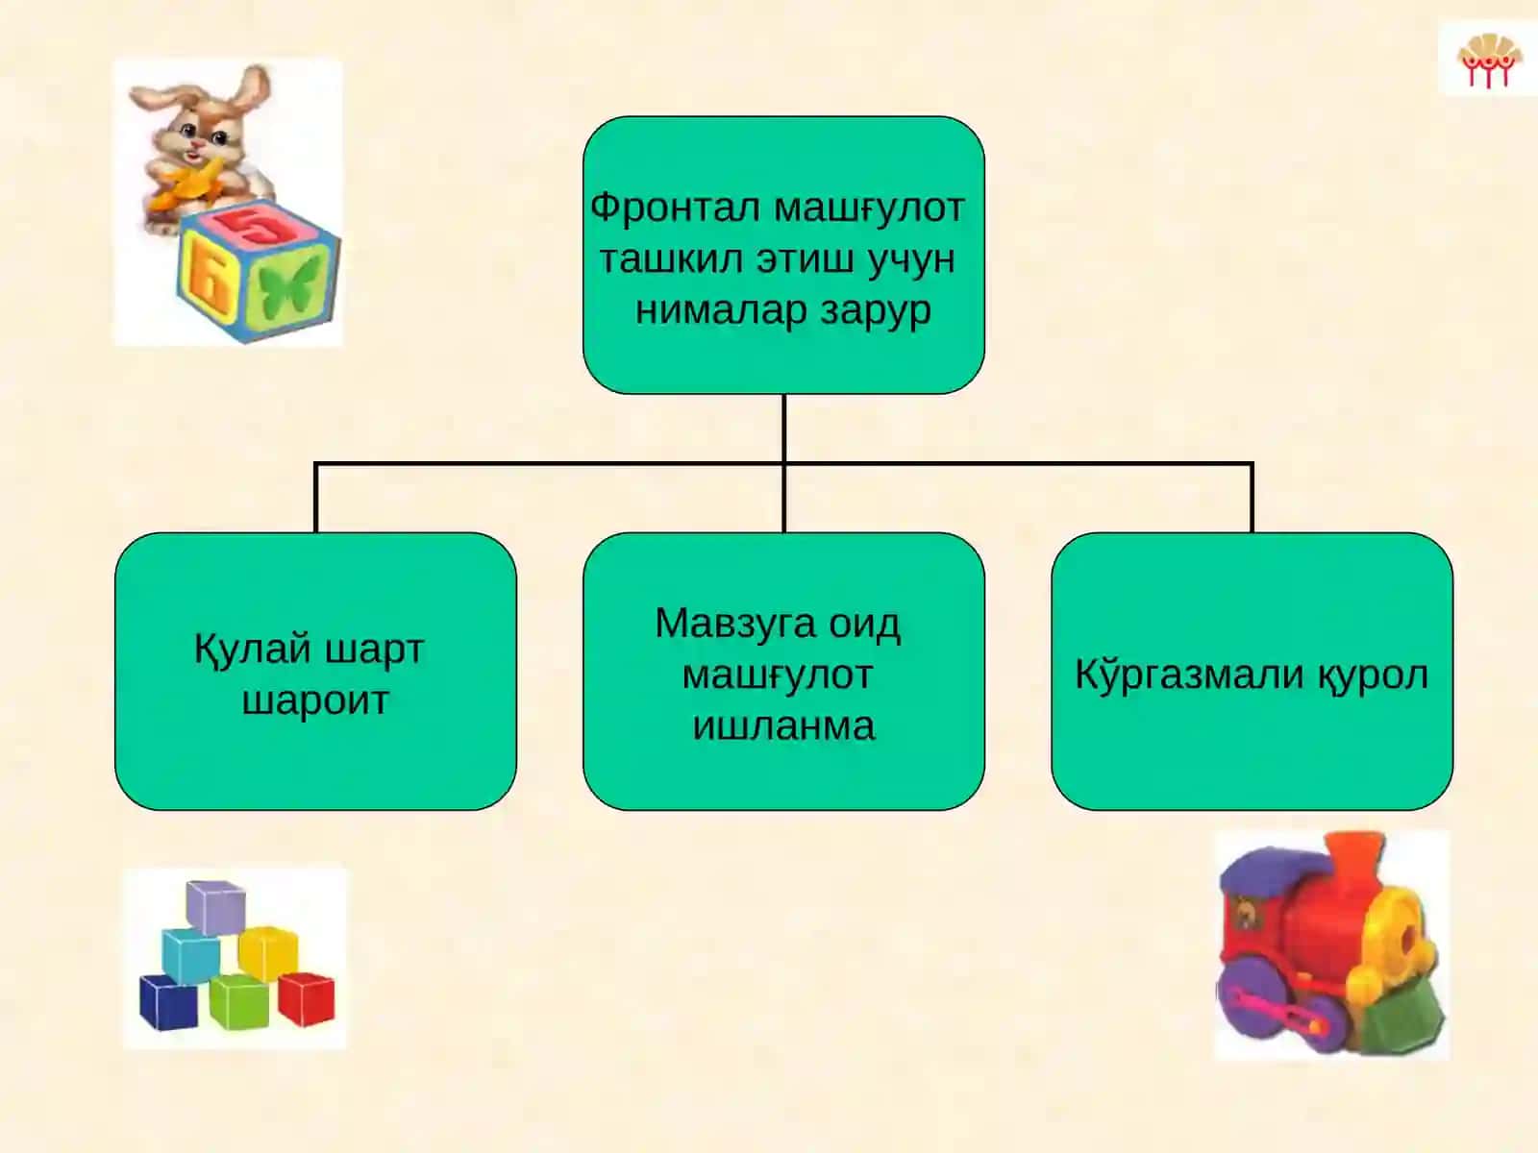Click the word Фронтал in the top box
click(675, 208)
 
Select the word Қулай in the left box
click(252, 649)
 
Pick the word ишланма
click(783, 726)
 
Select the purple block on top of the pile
click(216, 908)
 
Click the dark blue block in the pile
click(168, 1002)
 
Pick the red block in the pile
click(307, 998)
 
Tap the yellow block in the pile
click(268, 953)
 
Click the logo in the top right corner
click(1488, 60)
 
